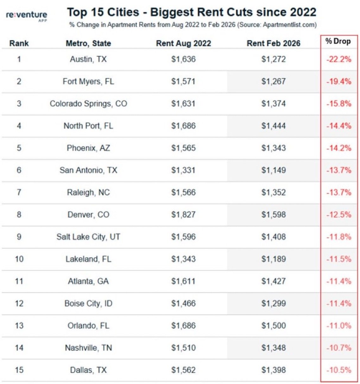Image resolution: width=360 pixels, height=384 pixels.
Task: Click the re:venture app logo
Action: pos(26,16)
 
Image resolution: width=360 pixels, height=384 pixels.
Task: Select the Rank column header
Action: pos(19,43)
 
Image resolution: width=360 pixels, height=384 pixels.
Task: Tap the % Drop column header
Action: pos(338,41)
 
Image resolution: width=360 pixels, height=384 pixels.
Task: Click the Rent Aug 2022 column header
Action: pos(183,43)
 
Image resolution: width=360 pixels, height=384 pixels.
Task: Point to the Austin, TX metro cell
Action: pos(88,59)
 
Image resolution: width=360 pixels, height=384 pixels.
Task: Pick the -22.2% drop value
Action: pos(338,59)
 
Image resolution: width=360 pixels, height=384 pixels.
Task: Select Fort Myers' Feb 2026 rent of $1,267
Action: pos(273,81)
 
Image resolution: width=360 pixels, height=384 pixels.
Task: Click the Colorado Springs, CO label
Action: pos(88,104)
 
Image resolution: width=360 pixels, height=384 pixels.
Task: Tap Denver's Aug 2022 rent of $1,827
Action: pos(183,214)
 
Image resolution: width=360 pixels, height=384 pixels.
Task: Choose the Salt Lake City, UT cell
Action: pos(88,237)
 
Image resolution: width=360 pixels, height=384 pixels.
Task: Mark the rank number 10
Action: pos(19,259)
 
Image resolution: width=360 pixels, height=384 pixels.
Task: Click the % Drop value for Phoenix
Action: pos(338,148)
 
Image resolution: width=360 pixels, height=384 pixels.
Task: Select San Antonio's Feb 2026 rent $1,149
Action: pos(273,170)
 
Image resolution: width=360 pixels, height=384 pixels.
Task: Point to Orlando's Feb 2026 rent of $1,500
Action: pos(273,325)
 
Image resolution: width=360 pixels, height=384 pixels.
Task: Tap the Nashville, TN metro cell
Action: pos(88,348)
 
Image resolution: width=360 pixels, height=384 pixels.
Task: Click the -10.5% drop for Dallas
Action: pos(338,370)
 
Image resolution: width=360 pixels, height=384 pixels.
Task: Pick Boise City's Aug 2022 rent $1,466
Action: pos(183,303)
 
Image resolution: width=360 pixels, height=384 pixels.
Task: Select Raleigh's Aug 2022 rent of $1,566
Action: pos(183,192)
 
